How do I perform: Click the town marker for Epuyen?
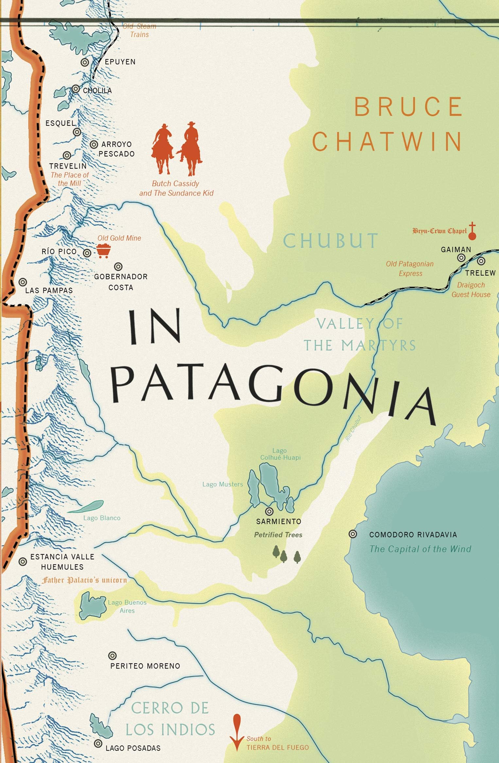pyautogui.click(x=85, y=62)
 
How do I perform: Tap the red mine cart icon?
pyautogui.click(x=104, y=251)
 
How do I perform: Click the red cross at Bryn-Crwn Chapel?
pyautogui.click(x=472, y=231)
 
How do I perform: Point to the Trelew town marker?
pyautogui.click(x=481, y=261)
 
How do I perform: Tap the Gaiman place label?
pyautogui.click(x=456, y=250)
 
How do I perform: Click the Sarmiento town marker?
pyautogui.click(x=269, y=511)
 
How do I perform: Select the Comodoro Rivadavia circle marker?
pyautogui.click(x=353, y=534)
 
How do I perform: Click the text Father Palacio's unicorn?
pyautogui.click(x=84, y=580)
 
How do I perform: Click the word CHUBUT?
pyautogui.click(x=330, y=241)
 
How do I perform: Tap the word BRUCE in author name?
pyautogui.click(x=408, y=107)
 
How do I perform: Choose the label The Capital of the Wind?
pyautogui.click(x=420, y=549)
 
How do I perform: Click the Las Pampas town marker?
pyautogui.click(x=23, y=282)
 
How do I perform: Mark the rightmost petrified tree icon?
pyautogui.click(x=297, y=557)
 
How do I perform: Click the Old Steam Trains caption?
pyautogui.click(x=140, y=30)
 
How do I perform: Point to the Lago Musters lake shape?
pyautogui.click(x=253, y=488)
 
